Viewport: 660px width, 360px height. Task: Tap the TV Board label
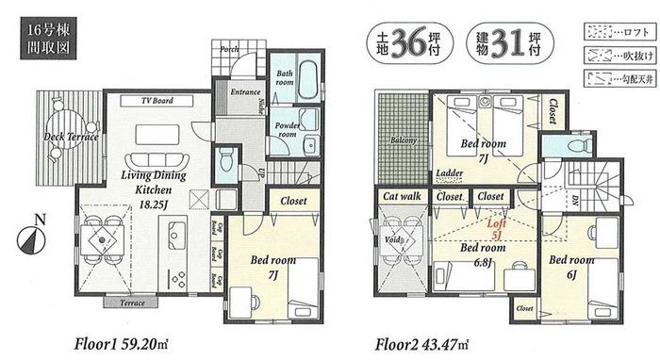tap(157, 100)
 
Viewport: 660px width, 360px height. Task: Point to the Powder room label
tap(287, 128)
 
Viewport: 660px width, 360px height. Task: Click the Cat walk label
tap(401, 196)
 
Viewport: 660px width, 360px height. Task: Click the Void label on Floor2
tap(392, 240)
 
